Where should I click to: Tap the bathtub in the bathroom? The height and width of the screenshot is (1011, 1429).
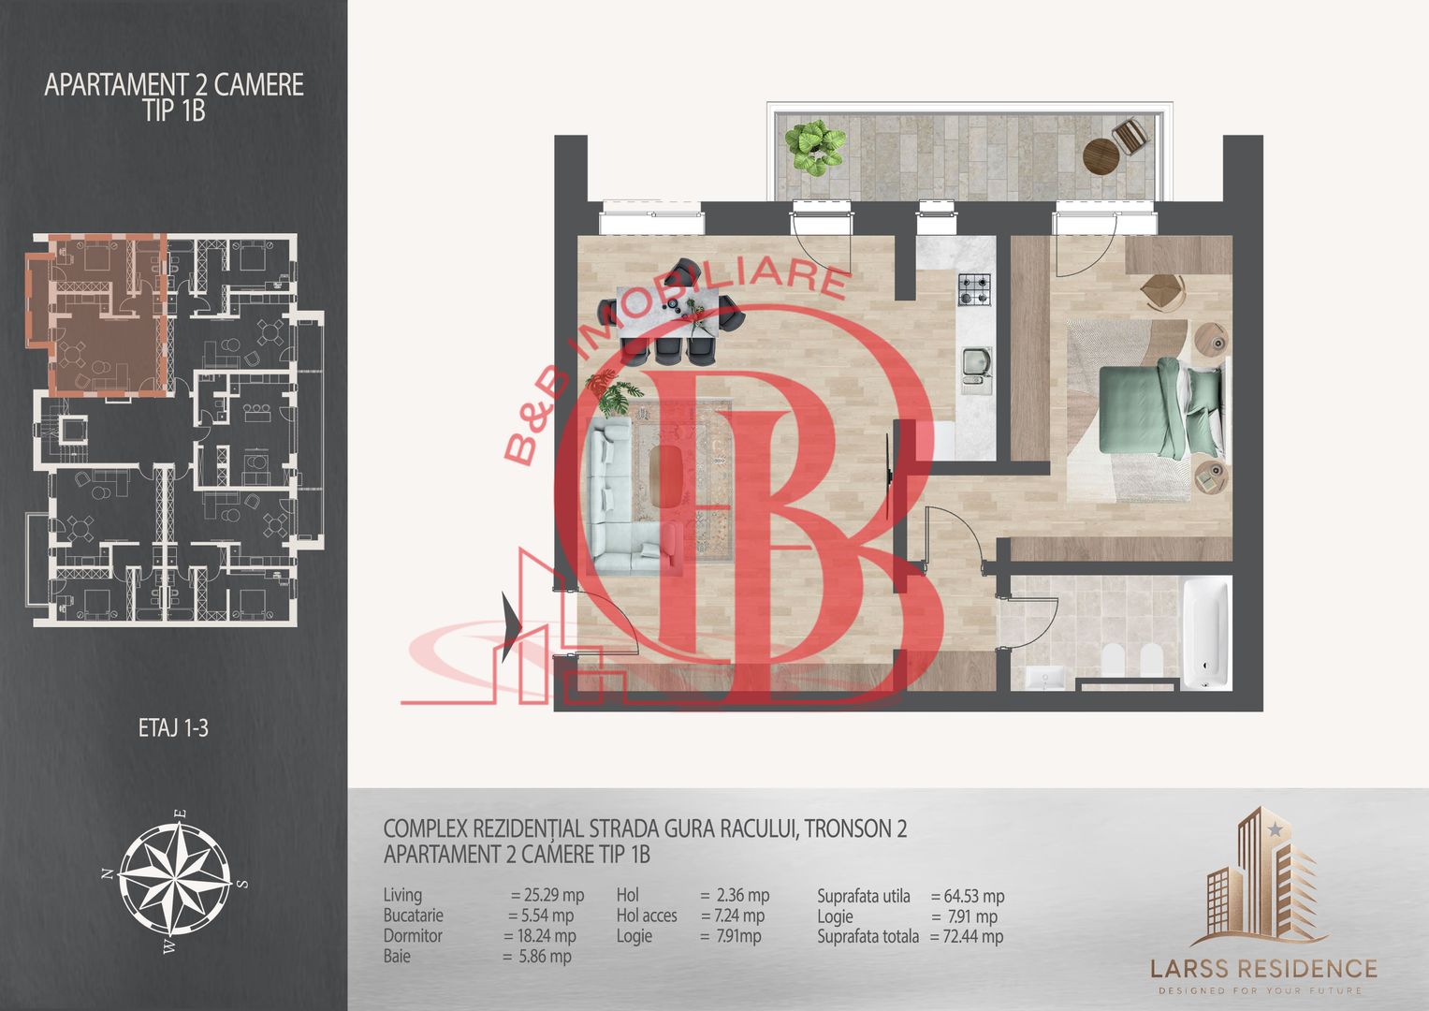click(1205, 633)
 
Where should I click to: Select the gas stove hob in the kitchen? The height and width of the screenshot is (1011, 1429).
click(974, 289)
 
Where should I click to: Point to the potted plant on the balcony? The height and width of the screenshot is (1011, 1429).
click(815, 148)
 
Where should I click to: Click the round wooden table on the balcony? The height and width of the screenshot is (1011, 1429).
click(1101, 155)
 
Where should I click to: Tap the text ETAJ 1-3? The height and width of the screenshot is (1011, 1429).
click(173, 728)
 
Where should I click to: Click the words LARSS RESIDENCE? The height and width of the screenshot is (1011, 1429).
click(1263, 968)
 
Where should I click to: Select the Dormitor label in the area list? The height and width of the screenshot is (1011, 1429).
click(413, 936)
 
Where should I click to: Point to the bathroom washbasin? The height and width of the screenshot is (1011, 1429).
click(1045, 677)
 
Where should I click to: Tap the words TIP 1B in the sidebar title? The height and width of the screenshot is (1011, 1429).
click(174, 110)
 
